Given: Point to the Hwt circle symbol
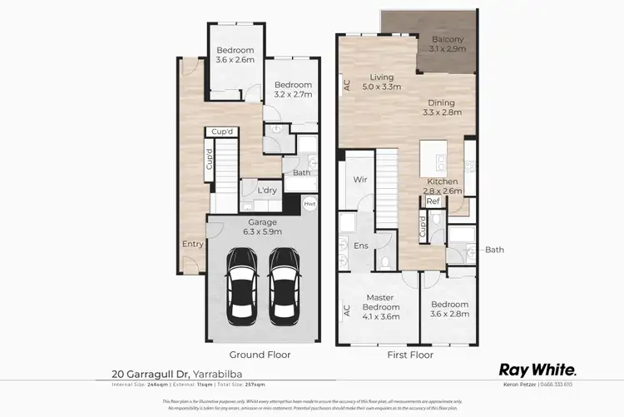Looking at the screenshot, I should (x=309, y=204).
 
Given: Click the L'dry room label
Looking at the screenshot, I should (x=267, y=191).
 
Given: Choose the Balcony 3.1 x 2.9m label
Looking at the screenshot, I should (x=448, y=44).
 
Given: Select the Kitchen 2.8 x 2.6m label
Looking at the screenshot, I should (x=444, y=186).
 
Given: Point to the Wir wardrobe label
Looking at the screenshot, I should (x=360, y=179).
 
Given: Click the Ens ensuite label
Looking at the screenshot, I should (x=360, y=246).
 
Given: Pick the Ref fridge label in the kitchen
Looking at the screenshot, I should (x=433, y=201).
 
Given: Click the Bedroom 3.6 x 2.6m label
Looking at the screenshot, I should (x=233, y=55).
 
